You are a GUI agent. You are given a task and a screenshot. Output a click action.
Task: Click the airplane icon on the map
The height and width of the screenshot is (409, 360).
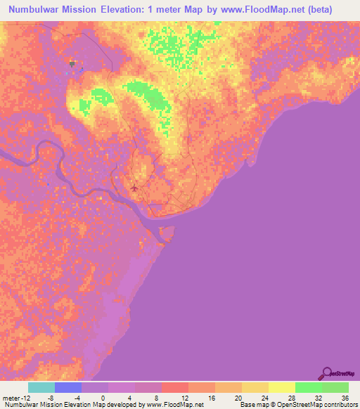pyautogui.click(x=134, y=188)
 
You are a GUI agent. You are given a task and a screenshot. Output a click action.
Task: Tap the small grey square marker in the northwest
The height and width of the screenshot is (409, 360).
pyautogui.click(x=72, y=63)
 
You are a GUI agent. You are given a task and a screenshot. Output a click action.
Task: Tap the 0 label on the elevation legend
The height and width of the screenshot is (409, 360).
pyautogui.click(x=103, y=398)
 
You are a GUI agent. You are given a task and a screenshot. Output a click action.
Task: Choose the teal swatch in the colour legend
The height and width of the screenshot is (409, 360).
pyautogui.click(x=41, y=387)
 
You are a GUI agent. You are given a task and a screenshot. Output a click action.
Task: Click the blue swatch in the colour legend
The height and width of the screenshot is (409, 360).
pyautogui.click(x=68, y=387)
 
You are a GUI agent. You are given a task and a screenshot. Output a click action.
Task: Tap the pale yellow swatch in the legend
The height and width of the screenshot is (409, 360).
pyautogui.click(x=282, y=387)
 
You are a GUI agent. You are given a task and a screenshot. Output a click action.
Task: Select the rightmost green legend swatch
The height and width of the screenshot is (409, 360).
pyautogui.click(x=335, y=387)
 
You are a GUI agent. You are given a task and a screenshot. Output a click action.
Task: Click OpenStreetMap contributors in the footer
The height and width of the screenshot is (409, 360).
pyautogui.click(x=323, y=405)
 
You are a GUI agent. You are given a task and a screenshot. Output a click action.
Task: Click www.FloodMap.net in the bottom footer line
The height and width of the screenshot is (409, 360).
pyautogui.click(x=174, y=405)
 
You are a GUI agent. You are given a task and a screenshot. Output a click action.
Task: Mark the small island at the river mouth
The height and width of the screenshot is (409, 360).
pyautogui.click(x=167, y=233)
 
